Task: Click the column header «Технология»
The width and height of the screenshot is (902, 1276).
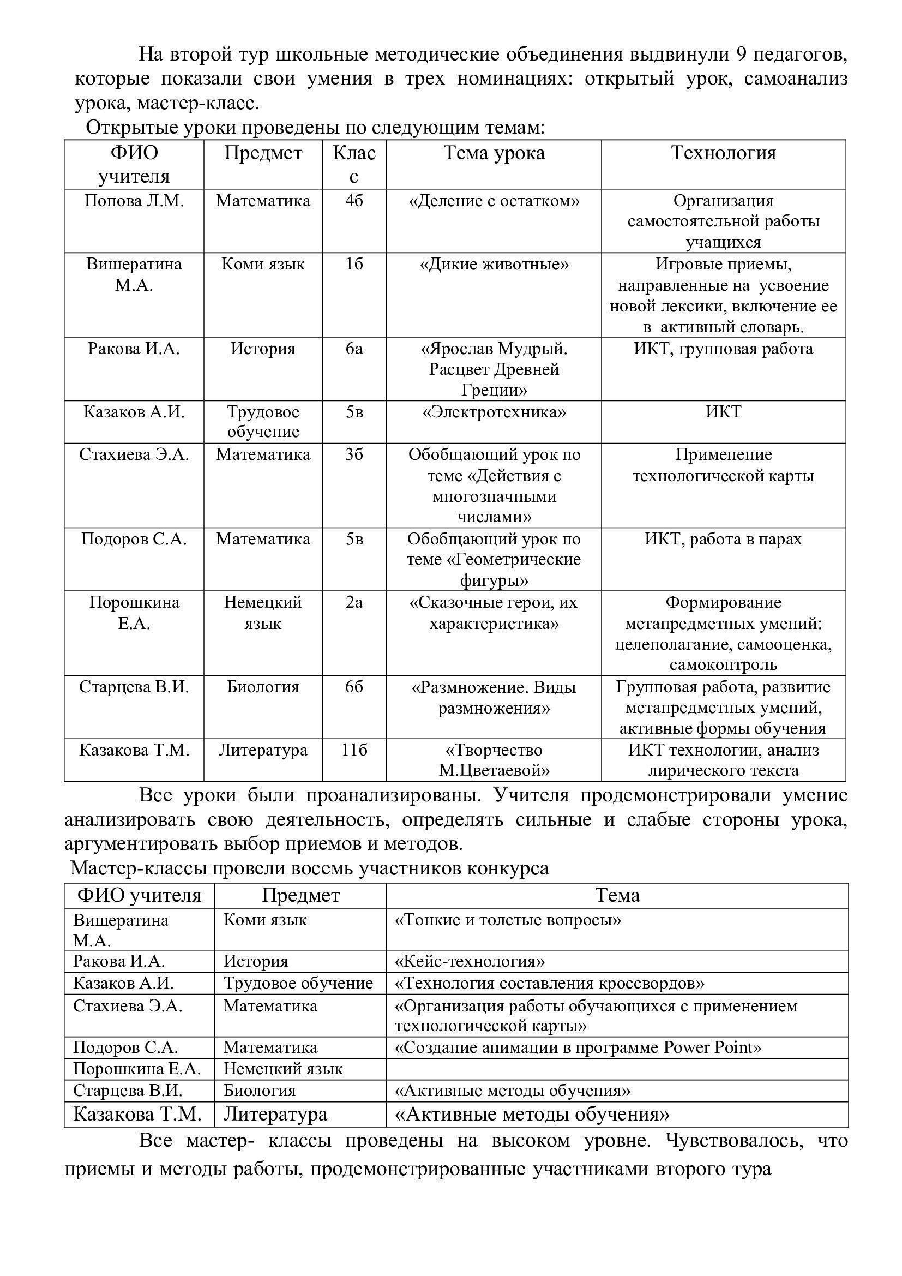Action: pos(723,153)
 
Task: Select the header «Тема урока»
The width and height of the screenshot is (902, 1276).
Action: pos(494,153)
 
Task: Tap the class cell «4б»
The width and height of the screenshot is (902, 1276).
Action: pos(354,201)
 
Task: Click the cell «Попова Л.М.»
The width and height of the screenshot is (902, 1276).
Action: pos(134,201)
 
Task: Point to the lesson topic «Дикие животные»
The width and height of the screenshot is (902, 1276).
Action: pos(494,264)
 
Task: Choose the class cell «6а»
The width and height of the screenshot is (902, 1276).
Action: pos(354,349)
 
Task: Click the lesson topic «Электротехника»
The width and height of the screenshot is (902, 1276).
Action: pos(494,412)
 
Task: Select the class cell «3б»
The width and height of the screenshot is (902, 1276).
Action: pos(354,454)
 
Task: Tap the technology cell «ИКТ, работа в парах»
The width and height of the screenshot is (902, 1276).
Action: pos(723,539)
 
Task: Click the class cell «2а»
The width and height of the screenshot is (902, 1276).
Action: pos(354,602)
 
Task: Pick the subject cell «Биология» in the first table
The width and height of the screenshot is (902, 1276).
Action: pos(263,687)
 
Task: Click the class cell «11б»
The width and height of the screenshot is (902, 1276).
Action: pos(354,750)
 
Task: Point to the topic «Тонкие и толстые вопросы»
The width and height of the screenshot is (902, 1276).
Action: pos(508,920)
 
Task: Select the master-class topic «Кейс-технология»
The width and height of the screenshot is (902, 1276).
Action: pos(470,961)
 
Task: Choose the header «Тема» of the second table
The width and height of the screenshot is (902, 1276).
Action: pos(617,895)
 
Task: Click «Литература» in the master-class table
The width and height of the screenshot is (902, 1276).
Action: pos(275,1114)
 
